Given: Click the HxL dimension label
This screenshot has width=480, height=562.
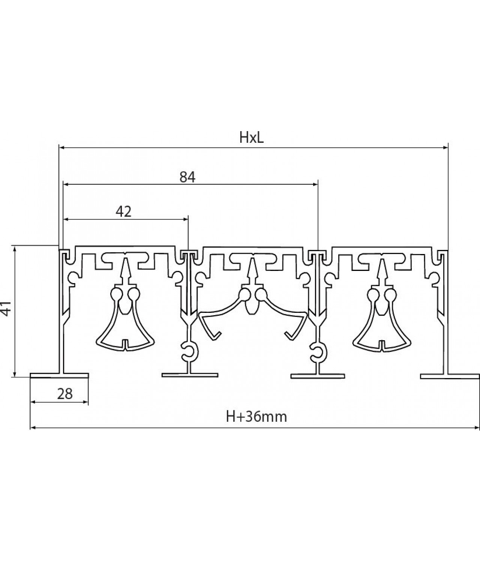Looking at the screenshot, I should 252,138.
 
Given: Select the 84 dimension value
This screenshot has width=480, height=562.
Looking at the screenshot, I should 187,177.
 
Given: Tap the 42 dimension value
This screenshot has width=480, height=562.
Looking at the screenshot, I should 123,212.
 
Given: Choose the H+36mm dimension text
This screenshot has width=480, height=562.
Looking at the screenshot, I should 256,416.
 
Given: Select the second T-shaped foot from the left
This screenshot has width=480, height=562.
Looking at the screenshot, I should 190,375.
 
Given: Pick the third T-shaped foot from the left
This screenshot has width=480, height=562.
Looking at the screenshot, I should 318,375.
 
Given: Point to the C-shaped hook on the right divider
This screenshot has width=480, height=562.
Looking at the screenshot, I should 316,351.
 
